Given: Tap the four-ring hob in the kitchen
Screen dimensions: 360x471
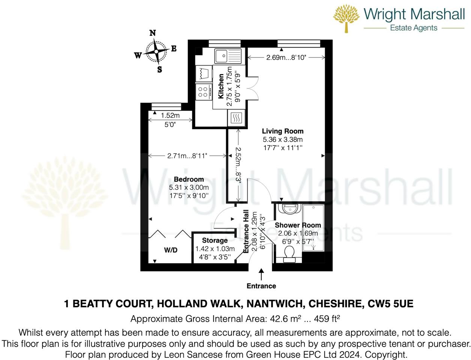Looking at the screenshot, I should coord(203,92).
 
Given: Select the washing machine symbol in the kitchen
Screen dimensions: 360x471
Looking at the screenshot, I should coord(204,73).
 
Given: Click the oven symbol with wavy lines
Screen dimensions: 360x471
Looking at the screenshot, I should coord(236,118).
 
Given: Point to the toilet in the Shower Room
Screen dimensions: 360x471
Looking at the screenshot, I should coord(289,254).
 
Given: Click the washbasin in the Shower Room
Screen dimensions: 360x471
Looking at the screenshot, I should coord(289,209).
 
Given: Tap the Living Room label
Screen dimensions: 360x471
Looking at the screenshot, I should coord(282,131).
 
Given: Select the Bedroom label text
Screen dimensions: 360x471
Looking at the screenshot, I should coord(189,179).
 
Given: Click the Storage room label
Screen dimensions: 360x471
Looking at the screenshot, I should coord(214,240).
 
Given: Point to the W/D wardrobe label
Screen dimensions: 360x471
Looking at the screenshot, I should coord(171,250).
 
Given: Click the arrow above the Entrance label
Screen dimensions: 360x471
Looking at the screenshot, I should coord(261,274).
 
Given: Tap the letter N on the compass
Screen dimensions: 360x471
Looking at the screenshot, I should coord(153,33).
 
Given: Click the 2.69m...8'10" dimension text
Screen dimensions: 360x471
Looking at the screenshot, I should coord(286,57).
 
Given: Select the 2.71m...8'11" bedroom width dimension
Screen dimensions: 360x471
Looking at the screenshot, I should coord(187,156).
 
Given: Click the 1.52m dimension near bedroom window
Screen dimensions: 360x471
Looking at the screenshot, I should coord(170,116).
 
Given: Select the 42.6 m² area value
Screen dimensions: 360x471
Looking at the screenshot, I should coord(285,319).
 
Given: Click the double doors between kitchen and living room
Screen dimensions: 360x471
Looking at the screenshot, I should coord(252,88).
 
